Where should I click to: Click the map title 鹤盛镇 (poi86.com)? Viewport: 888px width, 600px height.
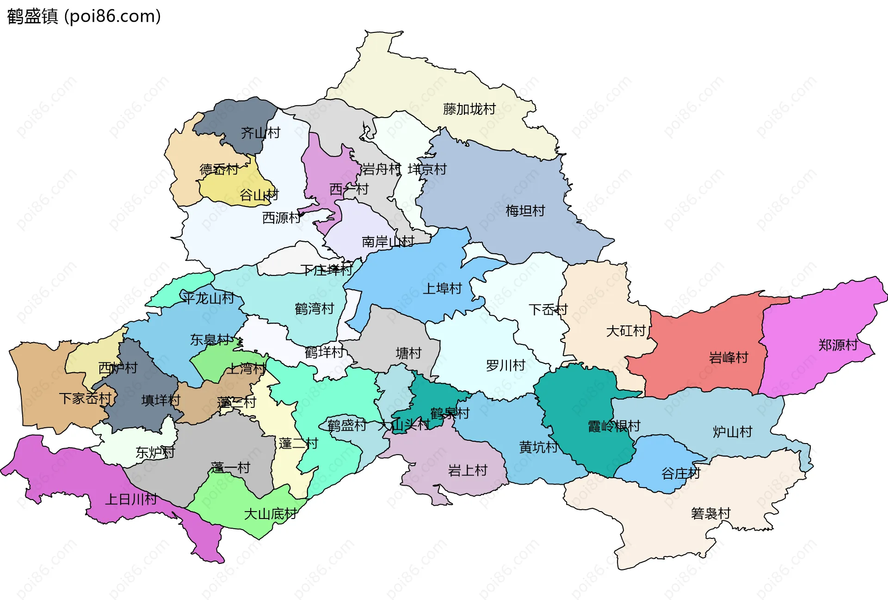(84, 16)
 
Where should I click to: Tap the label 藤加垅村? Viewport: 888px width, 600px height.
(469, 109)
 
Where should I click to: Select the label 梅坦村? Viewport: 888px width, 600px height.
(525, 211)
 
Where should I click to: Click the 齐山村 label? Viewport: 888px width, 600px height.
(260, 133)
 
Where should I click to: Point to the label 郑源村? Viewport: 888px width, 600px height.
(838, 345)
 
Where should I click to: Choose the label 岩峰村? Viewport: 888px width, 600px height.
(728, 357)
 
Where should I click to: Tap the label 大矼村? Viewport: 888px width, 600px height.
(625, 331)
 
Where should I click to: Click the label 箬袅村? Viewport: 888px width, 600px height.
(710, 513)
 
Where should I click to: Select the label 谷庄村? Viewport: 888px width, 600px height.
(680, 474)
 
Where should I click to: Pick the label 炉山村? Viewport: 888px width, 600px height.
(732, 432)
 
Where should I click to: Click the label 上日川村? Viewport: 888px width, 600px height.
(131, 500)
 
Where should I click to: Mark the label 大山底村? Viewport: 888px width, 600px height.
(270, 514)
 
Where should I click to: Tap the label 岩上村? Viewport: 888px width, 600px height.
(467, 471)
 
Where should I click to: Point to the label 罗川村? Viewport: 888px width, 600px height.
(505, 366)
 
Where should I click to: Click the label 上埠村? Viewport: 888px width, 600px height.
(442, 289)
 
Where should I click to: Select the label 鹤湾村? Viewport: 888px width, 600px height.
(314, 309)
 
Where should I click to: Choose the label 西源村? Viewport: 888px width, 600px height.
(281, 218)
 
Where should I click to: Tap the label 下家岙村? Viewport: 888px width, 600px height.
(85, 398)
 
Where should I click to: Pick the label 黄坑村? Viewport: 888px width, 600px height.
(538, 447)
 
